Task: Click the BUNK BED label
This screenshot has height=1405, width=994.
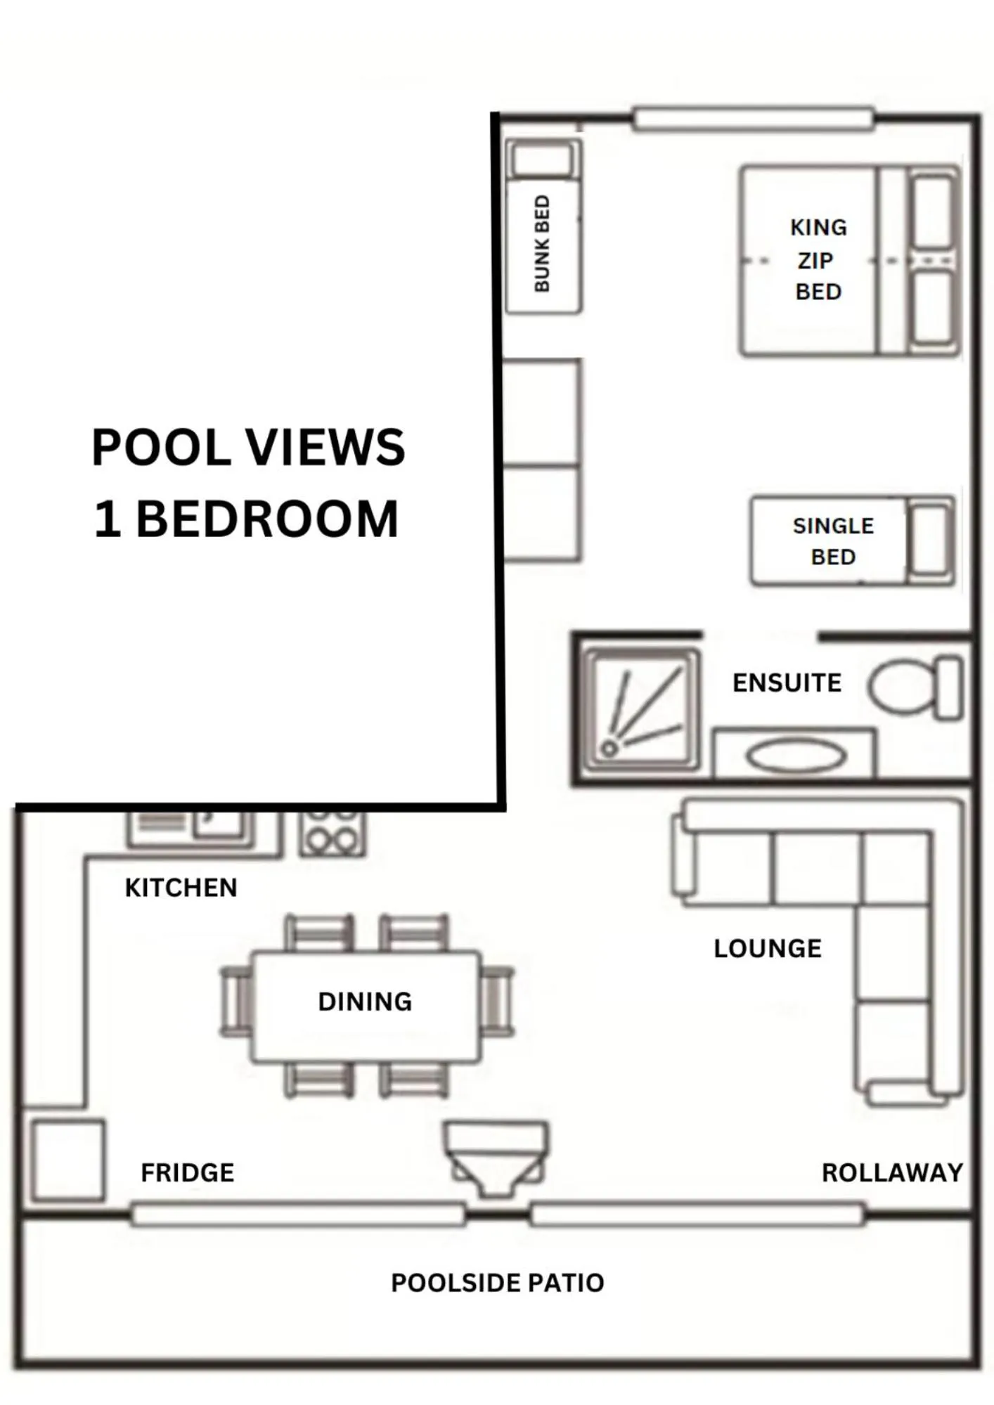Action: click(x=542, y=243)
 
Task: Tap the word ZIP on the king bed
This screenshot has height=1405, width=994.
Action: click(x=815, y=261)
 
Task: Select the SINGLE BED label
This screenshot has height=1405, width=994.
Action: click(x=833, y=541)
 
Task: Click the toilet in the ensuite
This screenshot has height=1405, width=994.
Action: click(x=913, y=687)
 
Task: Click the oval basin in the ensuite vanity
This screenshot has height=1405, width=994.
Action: click(x=796, y=757)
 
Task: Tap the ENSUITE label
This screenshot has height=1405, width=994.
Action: click(x=787, y=682)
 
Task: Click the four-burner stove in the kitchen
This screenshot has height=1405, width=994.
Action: click(x=332, y=833)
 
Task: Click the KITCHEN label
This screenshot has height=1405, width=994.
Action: click(x=181, y=888)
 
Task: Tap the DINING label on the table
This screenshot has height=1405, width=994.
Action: click(x=365, y=1002)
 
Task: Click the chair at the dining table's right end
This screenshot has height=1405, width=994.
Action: click(x=498, y=1001)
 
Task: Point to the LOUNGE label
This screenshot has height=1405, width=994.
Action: click(x=767, y=948)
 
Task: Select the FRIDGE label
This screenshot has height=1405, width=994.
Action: click(x=187, y=1172)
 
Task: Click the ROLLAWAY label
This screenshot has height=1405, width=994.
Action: click(x=891, y=1172)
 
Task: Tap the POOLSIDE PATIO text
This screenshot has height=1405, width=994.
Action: click(x=497, y=1283)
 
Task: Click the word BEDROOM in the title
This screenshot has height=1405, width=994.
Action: click(x=266, y=519)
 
